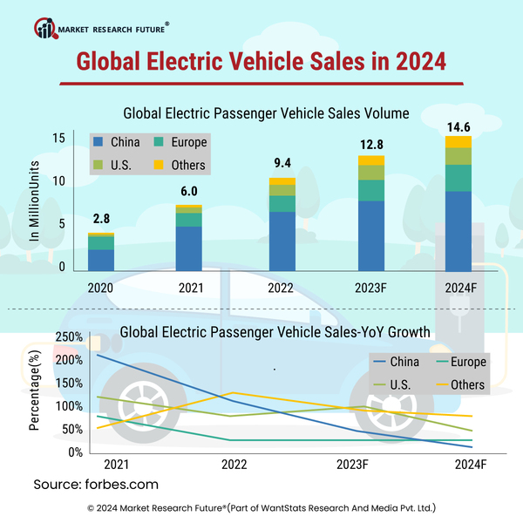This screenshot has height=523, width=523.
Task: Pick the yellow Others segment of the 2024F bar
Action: (x=458, y=142)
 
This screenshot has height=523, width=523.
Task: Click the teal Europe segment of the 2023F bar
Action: (x=370, y=191)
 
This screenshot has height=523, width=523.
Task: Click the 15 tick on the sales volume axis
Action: (x=58, y=138)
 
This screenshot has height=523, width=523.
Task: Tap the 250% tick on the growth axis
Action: (x=69, y=337)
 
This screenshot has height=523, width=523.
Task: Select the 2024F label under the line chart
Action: (x=470, y=465)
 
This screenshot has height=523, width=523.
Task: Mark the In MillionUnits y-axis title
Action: (x=35, y=200)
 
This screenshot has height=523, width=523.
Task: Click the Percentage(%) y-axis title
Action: (x=35, y=392)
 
